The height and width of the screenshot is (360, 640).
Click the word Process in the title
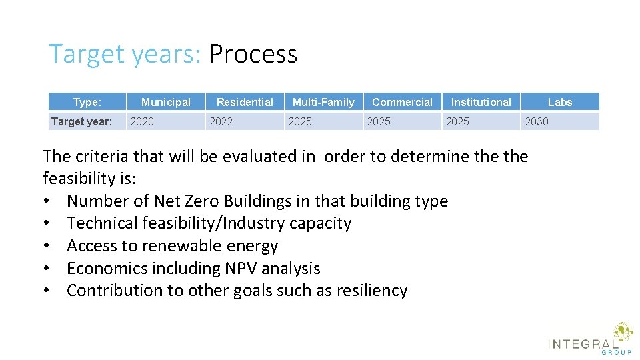253,54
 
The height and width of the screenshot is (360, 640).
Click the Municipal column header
165,102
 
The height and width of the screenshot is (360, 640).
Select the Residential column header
245,102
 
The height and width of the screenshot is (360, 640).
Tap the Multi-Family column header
323,102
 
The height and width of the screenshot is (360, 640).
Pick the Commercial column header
402,102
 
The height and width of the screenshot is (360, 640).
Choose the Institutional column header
481,102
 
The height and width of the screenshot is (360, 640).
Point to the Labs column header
560,102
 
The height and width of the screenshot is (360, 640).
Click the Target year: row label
81,121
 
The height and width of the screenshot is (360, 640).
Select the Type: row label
87,102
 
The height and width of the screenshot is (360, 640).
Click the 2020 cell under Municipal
141,121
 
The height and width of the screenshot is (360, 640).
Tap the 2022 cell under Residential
221,121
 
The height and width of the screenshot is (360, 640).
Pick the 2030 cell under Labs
537,121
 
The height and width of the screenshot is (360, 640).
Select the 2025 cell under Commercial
379,121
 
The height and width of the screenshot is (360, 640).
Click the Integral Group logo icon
623,332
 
